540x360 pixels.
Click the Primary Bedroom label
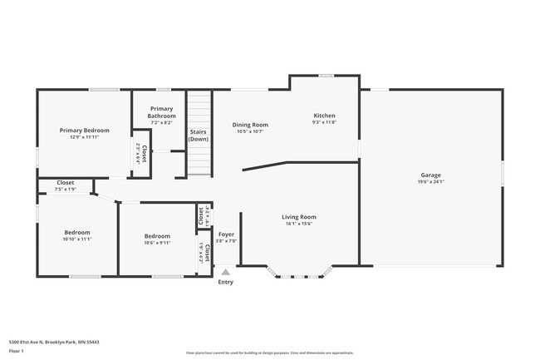(84, 131)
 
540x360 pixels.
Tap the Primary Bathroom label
(162, 112)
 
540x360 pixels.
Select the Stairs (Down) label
(199, 136)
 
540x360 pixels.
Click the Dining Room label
(250, 125)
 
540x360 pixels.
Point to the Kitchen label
(324, 115)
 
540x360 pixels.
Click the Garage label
(430, 175)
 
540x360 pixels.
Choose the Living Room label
(301, 217)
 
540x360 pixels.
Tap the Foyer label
(226, 234)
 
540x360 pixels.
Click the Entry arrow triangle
(226, 271)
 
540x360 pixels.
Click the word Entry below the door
(226, 282)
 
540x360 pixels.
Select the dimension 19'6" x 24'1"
(430, 182)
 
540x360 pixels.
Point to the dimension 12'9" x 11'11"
(84, 137)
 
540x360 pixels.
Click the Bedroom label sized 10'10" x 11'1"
(77, 232)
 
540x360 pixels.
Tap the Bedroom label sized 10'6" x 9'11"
(157, 235)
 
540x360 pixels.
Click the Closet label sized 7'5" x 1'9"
(65, 182)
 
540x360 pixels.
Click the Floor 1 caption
(17, 352)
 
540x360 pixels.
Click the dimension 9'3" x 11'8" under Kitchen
(324, 122)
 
